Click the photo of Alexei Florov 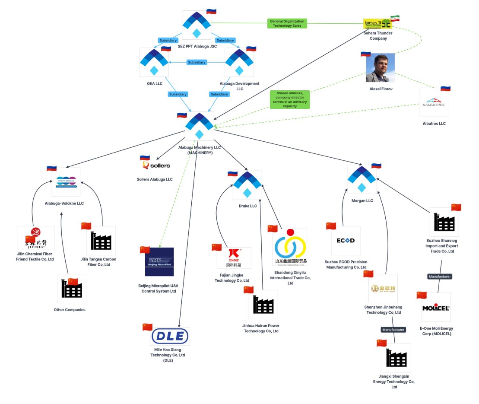click(380, 68)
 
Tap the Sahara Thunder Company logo click(377, 24)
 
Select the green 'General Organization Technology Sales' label click(287, 23)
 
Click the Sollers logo click(156, 165)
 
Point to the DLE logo click(170, 336)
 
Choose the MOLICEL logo click(436, 308)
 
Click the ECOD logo click(346, 241)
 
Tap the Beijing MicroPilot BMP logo click(159, 262)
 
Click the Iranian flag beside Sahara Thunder click(395, 18)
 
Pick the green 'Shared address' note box click(290, 99)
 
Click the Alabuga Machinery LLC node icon click(199, 126)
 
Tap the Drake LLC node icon click(247, 185)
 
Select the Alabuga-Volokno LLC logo click(66, 182)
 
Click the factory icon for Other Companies click(71, 289)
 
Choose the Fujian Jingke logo click(234, 258)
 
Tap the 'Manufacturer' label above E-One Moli click(440, 277)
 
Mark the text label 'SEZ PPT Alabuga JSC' click(197, 46)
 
